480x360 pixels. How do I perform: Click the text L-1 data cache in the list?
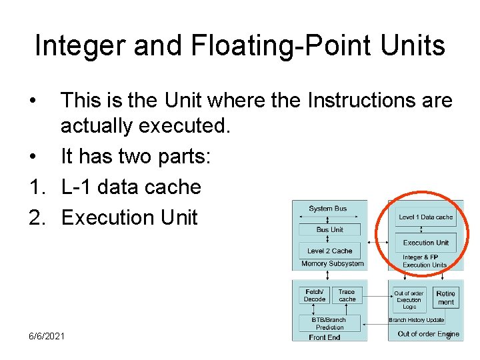131,187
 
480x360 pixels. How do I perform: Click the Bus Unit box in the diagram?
329,229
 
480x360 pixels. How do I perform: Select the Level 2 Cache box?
329,251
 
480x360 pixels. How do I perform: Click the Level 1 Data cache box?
425,217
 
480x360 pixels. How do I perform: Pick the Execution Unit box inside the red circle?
425,243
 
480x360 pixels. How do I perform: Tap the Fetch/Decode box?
315,295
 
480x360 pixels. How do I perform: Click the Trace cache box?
347,295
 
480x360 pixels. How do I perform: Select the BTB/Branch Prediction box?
329,323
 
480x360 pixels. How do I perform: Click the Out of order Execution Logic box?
409,300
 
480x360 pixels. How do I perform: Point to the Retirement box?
446,298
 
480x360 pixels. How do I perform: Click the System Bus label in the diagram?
327,209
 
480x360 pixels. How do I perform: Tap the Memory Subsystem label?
332,263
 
